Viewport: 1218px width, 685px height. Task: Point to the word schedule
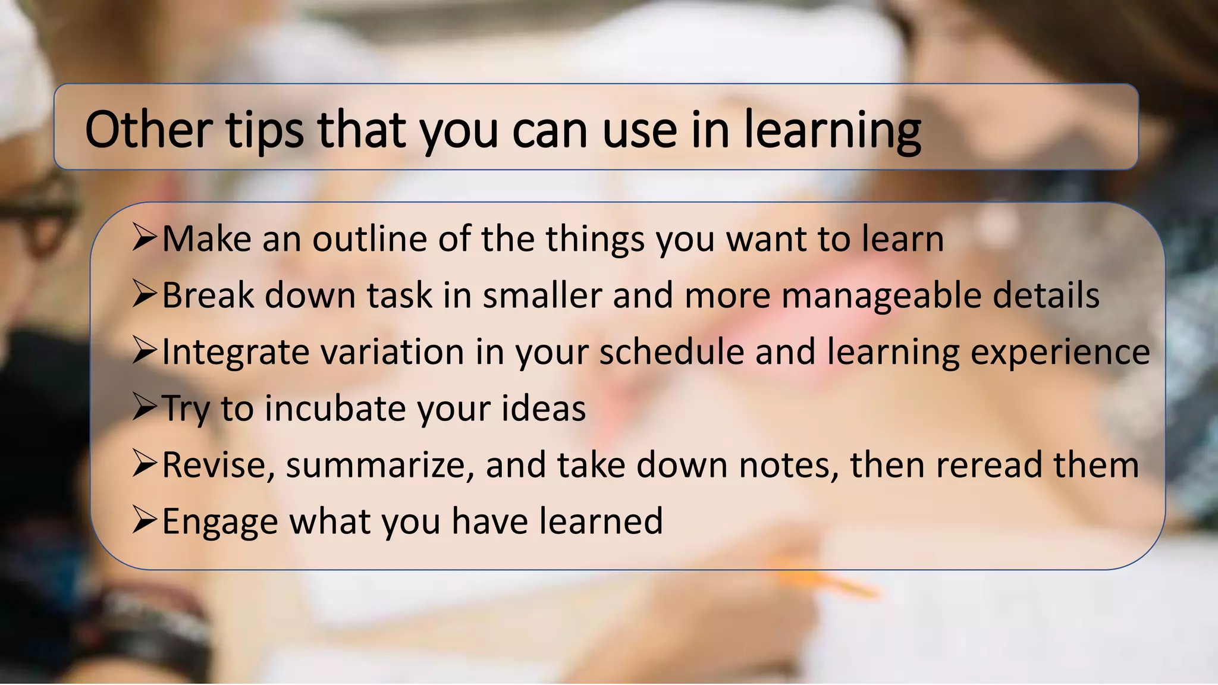(671, 352)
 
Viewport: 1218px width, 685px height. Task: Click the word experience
(1060, 353)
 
